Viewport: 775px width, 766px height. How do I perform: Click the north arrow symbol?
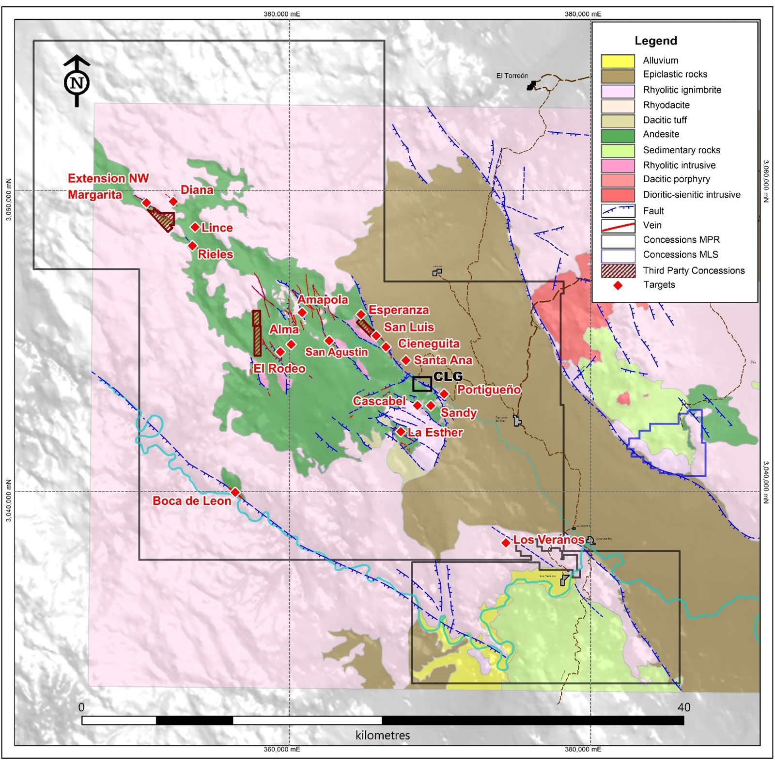[77, 81]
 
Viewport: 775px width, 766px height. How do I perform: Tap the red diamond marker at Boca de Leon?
[235, 492]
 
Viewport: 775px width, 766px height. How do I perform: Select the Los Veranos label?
[548, 539]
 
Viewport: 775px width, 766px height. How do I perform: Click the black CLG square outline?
[422, 384]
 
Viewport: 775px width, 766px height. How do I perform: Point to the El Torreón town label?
[511, 76]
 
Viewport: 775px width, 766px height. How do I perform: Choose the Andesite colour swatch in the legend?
[618, 135]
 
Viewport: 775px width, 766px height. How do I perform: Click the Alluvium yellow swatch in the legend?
[618, 61]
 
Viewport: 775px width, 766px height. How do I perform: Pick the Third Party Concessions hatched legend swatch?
[618, 271]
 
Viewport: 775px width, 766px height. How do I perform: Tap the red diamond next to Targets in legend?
[618, 285]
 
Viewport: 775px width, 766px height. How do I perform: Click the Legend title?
[655, 41]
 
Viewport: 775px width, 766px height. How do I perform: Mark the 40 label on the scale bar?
[683, 707]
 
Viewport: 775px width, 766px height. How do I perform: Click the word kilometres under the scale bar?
[383, 735]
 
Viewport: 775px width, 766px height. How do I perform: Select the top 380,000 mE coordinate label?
[583, 14]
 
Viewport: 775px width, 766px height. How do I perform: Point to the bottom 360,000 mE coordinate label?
[281, 749]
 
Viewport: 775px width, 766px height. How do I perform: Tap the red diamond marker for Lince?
[195, 227]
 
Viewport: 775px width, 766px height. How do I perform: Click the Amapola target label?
[323, 299]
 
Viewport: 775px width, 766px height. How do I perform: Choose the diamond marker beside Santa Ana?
[406, 360]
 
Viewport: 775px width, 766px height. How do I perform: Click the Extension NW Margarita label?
[108, 186]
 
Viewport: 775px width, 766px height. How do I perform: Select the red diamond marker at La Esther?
[401, 431]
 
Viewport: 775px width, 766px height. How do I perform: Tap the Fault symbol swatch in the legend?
[618, 211]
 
